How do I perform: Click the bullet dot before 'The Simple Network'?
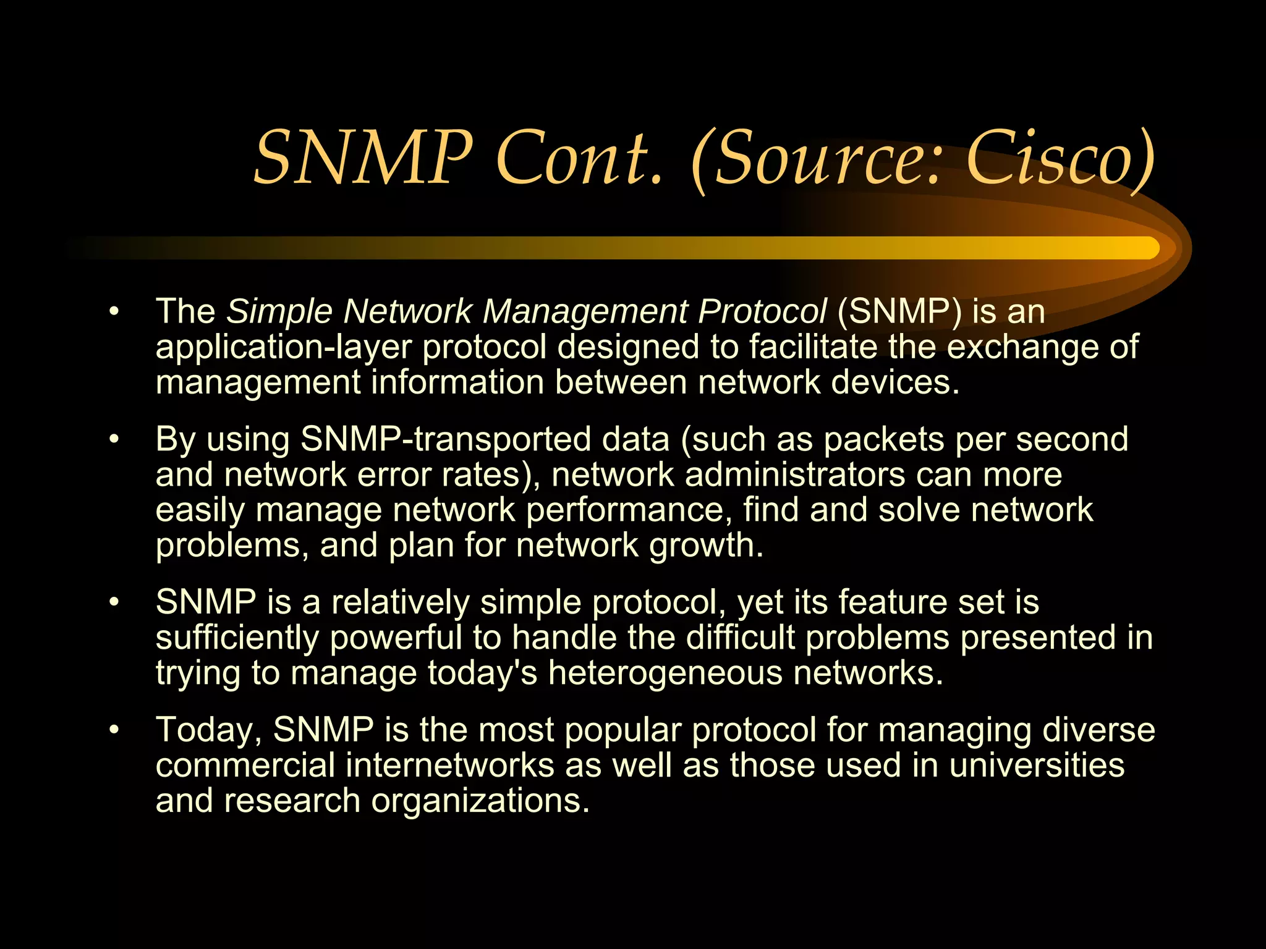tap(113, 311)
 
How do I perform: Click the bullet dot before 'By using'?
tap(113, 439)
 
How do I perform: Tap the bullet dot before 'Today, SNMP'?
tap(113, 730)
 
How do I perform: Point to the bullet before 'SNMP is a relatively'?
tap(113, 602)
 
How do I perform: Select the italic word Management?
tap(584, 311)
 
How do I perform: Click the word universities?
tap(1037, 765)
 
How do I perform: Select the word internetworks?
tap(450, 765)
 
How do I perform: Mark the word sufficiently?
tap(237, 638)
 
